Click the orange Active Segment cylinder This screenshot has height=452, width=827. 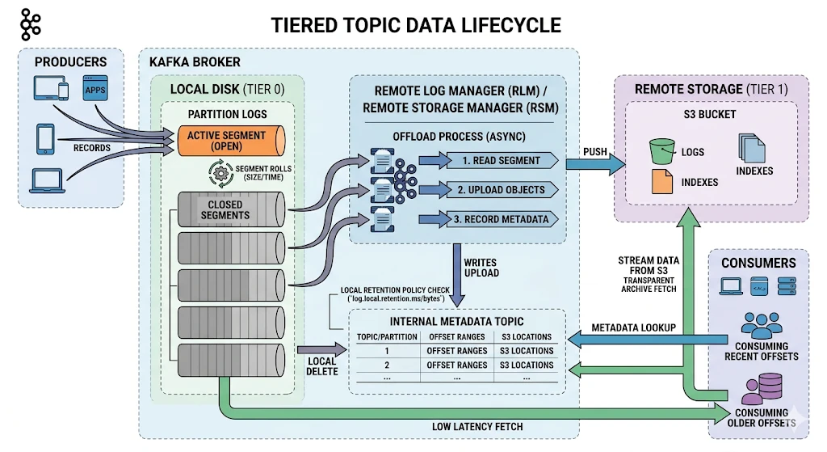click(231, 141)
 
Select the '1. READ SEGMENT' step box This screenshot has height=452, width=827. click(502, 161)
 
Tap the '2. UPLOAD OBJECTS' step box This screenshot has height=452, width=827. click(502, 189)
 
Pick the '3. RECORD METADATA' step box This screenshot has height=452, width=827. click(502, 219)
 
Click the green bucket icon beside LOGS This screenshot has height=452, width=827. click(662, 151)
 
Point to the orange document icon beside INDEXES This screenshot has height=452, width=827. click(662, 181)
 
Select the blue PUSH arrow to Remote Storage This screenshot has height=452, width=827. click(595, 163)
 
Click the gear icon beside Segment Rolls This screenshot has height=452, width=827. click(220, 173)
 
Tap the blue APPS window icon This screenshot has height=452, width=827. click(95, 88)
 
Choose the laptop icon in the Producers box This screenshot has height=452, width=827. click(48, 181)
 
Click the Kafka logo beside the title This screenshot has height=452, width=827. click(31, 25)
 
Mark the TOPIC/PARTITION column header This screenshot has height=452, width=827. click(387, 337)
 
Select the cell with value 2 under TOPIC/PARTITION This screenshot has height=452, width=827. click(387, 365)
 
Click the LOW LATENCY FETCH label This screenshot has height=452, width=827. click(477, 427)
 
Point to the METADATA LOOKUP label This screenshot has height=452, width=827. click(633, 328)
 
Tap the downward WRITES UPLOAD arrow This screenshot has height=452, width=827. click(457, 275)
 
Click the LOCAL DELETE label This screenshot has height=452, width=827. click(321, 366)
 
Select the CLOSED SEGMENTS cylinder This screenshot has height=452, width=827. click(231, 209)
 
